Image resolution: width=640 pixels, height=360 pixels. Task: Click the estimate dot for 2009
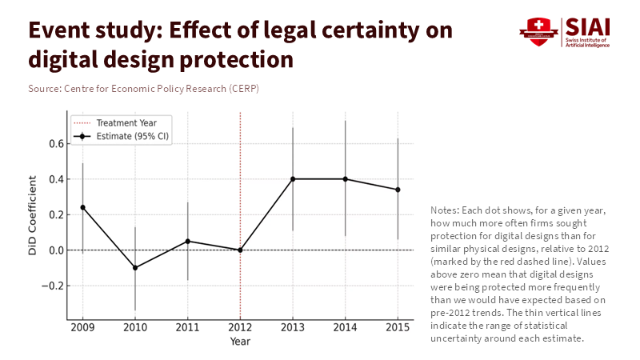pyautogui.click(x=82, y=207)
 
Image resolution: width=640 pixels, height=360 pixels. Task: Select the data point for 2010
pyautogui.click(x=134, y=267)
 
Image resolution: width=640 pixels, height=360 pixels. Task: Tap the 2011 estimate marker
pyautogui.click(x=187, y=241)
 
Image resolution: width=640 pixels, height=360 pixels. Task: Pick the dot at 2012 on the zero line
pyautogui.click(x=240, y=250)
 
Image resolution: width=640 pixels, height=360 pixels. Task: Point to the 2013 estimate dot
pyautogui.click(x=293, y=178)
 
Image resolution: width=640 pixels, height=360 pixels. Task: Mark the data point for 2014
pyautogui.click(x=345, y=178)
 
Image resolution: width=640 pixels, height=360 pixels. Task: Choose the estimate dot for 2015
pyautogui.click(x=398, y=190)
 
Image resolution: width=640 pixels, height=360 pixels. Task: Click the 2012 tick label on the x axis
pyautogui.click(x=240, y=328)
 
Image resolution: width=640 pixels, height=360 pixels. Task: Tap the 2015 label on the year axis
pyautogui.click(x=398, y=328)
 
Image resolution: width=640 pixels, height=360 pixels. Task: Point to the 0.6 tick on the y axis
pyautogui.click(x=54, y=144)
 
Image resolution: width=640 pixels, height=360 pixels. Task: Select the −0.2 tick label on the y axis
pyautogui.click(x=52, y=286)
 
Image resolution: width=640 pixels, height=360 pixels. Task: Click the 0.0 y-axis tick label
pyautogui.click(x=54, y=250)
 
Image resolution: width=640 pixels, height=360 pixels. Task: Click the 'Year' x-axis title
pyautogui.click(x=240, y=342)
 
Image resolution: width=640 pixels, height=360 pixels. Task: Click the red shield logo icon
pyautogui.click(x=538, y=32)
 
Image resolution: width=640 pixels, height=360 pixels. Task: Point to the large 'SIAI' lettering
pyautogui.click(x=589, y=26)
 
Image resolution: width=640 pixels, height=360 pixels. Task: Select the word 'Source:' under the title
pyautogui.click(x=44, y=88)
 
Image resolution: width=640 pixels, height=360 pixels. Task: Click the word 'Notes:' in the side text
pyautogui.click(x=446, y=209)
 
